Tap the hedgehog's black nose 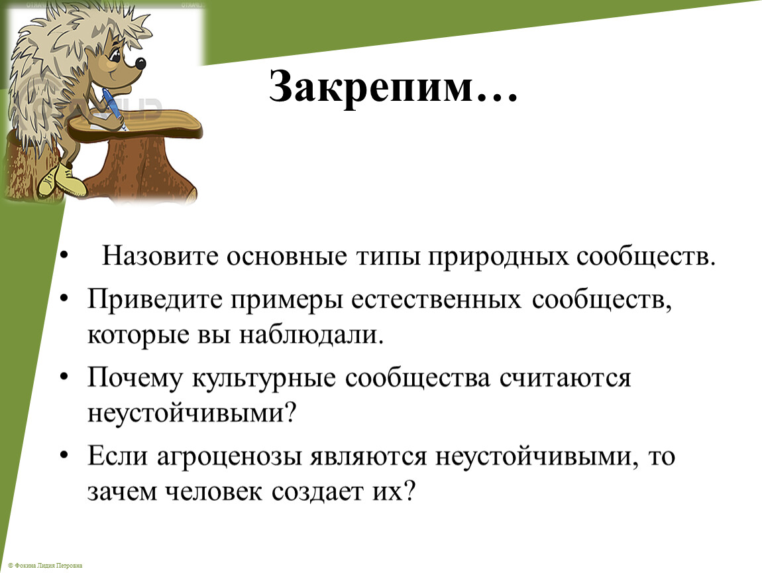click(x=140, y=63)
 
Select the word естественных click(x=437, y=300)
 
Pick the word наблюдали click(x=311, y=335)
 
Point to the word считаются click(x=565, y=379)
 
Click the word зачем click(x=123, y=492)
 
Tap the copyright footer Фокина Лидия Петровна click(x=44, y=565)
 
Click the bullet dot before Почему click(x=64, y=377)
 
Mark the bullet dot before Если click(x=64, y=456)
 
